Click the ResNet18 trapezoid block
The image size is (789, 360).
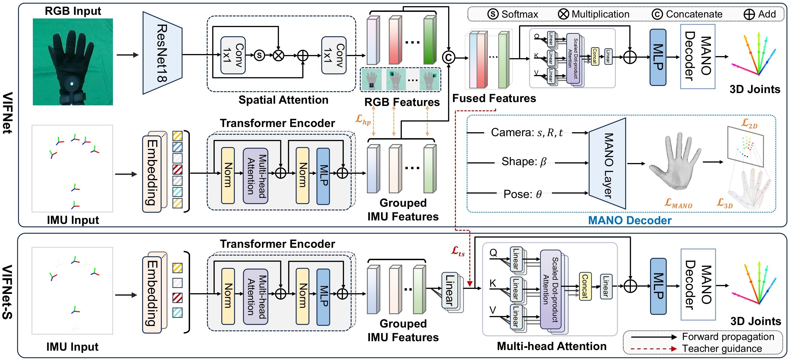click(x=162, y=53)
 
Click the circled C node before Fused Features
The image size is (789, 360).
click(x=448, y=57)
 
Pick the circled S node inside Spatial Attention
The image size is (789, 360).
click(x=259, y=55)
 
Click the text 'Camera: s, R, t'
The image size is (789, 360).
click(x=527, y=132)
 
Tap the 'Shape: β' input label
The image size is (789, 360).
click(x=524, y=162)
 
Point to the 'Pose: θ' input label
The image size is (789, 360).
click(x=523, y=194)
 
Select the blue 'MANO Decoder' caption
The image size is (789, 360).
click(x=630, y=220)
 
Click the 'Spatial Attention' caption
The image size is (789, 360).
click(x=283, y=100)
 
